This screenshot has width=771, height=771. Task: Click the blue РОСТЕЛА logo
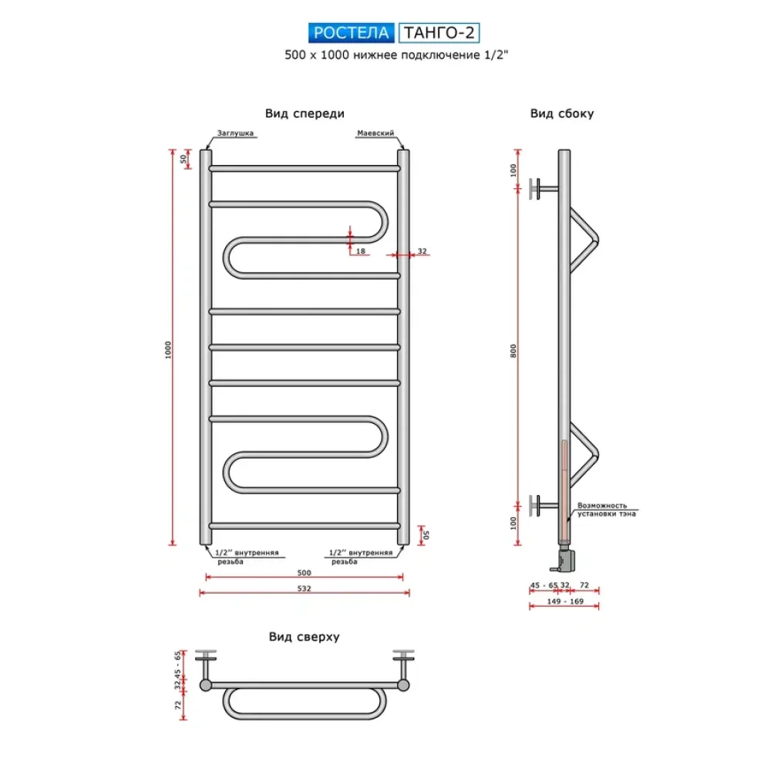click(x=351, y=33)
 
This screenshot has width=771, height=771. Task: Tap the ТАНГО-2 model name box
click(x=439, y=33)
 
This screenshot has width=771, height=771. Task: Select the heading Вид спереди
click(x=305, y=113)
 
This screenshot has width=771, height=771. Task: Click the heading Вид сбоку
click(x=562, y=113)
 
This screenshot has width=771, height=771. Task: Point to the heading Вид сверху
click(x=305, y=637)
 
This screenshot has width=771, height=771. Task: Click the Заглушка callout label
click(x=235, y=133)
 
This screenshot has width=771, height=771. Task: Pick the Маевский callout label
click(x=375, y=133)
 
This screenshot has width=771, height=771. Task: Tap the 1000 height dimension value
click(x=168, y=349)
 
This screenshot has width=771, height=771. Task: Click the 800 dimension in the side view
click(x=513, y=351)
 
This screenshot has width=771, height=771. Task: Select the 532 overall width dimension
click(x=305, y=588)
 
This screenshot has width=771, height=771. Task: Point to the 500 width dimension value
click(x=305, y=572)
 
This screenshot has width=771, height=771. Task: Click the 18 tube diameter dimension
click(x=361, y=251)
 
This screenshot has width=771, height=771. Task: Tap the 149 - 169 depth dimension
click(x=565, y=601)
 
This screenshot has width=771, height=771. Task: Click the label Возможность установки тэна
click(x=607, y=510)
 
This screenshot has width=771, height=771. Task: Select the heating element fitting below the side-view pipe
click(x=564, y=557)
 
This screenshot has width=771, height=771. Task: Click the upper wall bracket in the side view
click(x=543, y=189)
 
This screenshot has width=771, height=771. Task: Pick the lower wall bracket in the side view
click(x=543, y=506)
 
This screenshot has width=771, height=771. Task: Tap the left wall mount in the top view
click(x=206, y=668)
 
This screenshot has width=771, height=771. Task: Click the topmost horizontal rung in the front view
click(x=305, y=169)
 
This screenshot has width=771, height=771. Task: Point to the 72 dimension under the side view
click(x=584, y=585)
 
